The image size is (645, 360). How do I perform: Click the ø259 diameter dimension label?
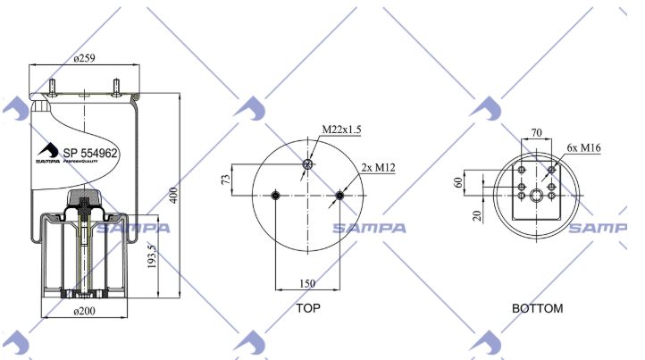(x=84, y=58)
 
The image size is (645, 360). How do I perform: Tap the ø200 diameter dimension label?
(x=84, y=311)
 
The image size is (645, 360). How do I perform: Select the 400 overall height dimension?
(x=173, y=196)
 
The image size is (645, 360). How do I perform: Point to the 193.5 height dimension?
(x=152, y=256)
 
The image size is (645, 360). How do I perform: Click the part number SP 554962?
(x=90, y=154)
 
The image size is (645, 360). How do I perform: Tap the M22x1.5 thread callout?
(x=341, y=130)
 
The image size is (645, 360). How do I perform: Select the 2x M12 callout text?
(x=379, y=167)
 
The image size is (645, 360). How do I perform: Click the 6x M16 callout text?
(x=583, y=147)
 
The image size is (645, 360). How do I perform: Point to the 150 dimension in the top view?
(x=307, y=283)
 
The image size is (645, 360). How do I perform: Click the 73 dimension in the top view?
(x=226, y=180)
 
